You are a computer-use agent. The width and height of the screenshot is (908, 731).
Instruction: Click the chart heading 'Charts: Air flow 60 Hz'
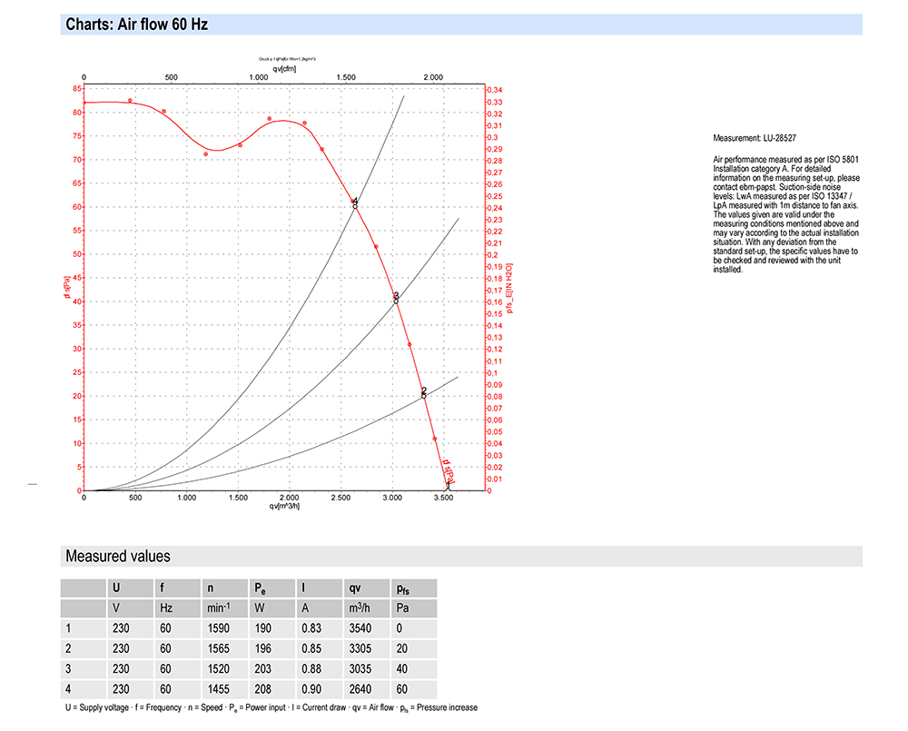[x=137, y=25]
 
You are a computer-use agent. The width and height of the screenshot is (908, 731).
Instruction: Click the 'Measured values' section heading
[x=118, y=556]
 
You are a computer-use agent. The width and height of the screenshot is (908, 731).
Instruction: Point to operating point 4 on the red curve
[x=355, y=206]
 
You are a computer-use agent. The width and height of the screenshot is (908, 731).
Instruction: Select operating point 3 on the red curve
[x=396, y=301]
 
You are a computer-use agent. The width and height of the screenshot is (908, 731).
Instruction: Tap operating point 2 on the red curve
[x=423, y=395]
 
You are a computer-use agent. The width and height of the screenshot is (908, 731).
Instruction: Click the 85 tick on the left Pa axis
[x=74, y=89]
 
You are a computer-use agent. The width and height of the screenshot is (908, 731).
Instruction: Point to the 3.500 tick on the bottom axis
[x=443, y=499]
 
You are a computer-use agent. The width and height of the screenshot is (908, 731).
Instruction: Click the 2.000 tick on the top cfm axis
[x=434, y=78]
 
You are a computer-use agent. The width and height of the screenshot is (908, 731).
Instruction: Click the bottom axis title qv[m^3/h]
[x=283, y=507]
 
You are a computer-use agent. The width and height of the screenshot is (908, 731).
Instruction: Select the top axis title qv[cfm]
[x=283, y=69]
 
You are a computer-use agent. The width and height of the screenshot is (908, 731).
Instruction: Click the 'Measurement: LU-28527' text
[x=755, y=139]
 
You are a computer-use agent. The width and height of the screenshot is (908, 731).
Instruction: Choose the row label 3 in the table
[x=68, y=669]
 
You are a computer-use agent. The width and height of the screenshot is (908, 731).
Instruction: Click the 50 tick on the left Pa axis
[x=74, y=254]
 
